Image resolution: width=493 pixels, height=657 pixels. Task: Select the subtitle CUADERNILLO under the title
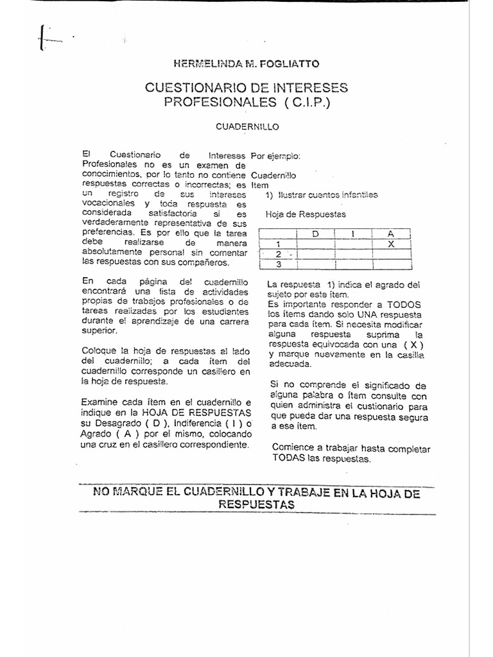pos(246,126)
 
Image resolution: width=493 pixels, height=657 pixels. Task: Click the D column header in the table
pos(315,234)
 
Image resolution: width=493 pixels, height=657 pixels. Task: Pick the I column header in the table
pos(353,234)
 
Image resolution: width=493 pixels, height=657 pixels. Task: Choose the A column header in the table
pos(392,234)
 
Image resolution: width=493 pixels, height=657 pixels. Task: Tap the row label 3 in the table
pos(279,264)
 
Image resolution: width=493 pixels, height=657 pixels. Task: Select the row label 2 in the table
pos(279,254)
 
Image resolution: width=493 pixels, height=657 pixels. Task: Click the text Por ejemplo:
pos(275,156)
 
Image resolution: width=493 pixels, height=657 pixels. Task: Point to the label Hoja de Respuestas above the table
pos(305,214)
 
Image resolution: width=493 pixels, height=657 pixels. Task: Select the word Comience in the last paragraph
pos(293,448)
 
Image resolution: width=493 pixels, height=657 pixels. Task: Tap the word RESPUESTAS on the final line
pos(256,504)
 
